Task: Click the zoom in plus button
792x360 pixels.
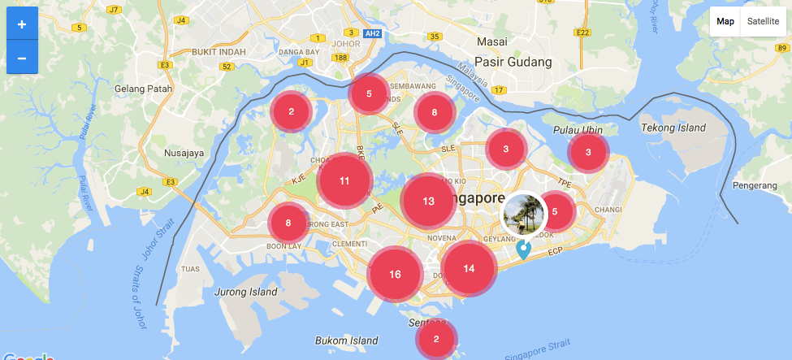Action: point(22,24)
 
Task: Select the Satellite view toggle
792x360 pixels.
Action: point(763,22)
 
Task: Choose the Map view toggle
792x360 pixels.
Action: point(725,22)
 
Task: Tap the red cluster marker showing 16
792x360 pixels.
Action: point(395,274)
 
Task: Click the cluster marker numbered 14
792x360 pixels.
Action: point(469,268)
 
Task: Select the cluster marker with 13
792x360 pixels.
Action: point(428,201)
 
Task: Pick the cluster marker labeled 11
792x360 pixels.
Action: point(344,181)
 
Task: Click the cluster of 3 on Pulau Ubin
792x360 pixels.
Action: point(589,151)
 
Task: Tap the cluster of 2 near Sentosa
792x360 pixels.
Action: point(436,340)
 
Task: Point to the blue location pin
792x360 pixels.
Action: point(524,249)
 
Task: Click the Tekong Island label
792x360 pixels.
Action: point(673,128)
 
